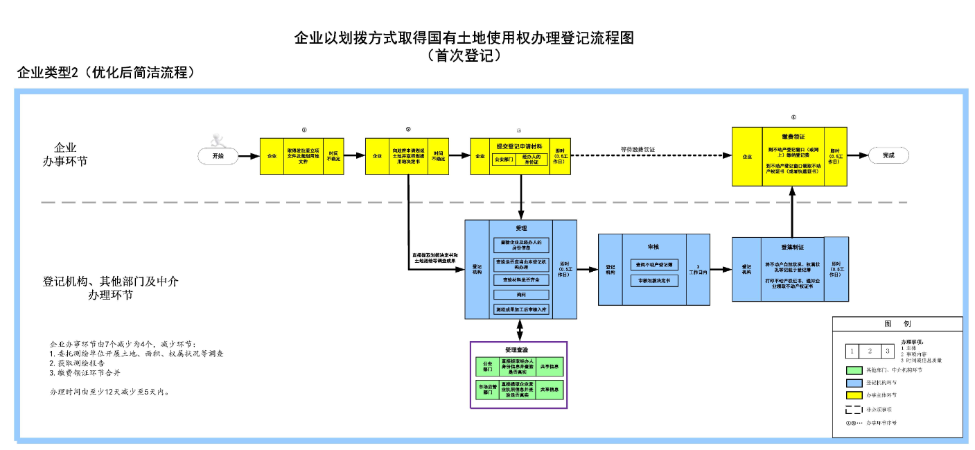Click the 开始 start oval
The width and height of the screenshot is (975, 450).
[x=217, y=156]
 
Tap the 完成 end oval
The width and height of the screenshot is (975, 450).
[x=888, y=156]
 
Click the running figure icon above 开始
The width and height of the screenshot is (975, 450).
[x=220, y=137]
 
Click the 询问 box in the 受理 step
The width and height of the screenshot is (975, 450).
[x=521, y=295]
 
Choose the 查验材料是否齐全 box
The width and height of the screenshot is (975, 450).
[x=521, y=279]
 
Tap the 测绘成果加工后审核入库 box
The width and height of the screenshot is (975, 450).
[x=521, y=309]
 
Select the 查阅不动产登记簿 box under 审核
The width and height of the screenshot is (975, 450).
[x=654, y=264]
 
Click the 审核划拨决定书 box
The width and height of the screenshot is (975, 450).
[x=654, y=281]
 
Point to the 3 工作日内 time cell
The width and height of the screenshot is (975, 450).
[x=699, y=270]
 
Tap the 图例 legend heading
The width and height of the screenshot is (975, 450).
[x=897, y=324]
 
